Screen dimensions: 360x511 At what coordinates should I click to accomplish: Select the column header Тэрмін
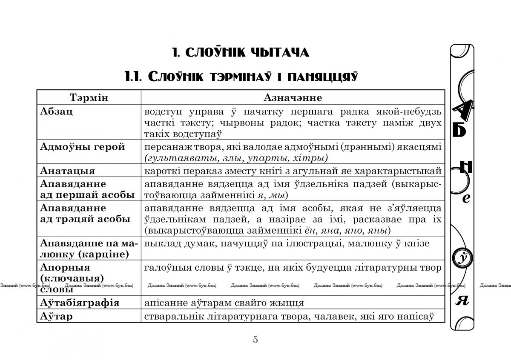coord(89,97)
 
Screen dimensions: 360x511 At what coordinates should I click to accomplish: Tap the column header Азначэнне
coord(293,97)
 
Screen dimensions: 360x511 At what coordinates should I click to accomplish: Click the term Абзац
coord(56,111)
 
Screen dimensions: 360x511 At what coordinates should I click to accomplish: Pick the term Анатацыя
coord(67,171)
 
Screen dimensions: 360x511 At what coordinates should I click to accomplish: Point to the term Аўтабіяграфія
coord(80,303)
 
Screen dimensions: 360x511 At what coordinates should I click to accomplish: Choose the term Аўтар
coord(56,316)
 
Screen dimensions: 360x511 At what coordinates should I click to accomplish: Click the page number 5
coord(255,340)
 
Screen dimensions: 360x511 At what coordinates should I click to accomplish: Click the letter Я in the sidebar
coord(462,301)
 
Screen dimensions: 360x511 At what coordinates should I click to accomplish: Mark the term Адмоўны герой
coord(82,147)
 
